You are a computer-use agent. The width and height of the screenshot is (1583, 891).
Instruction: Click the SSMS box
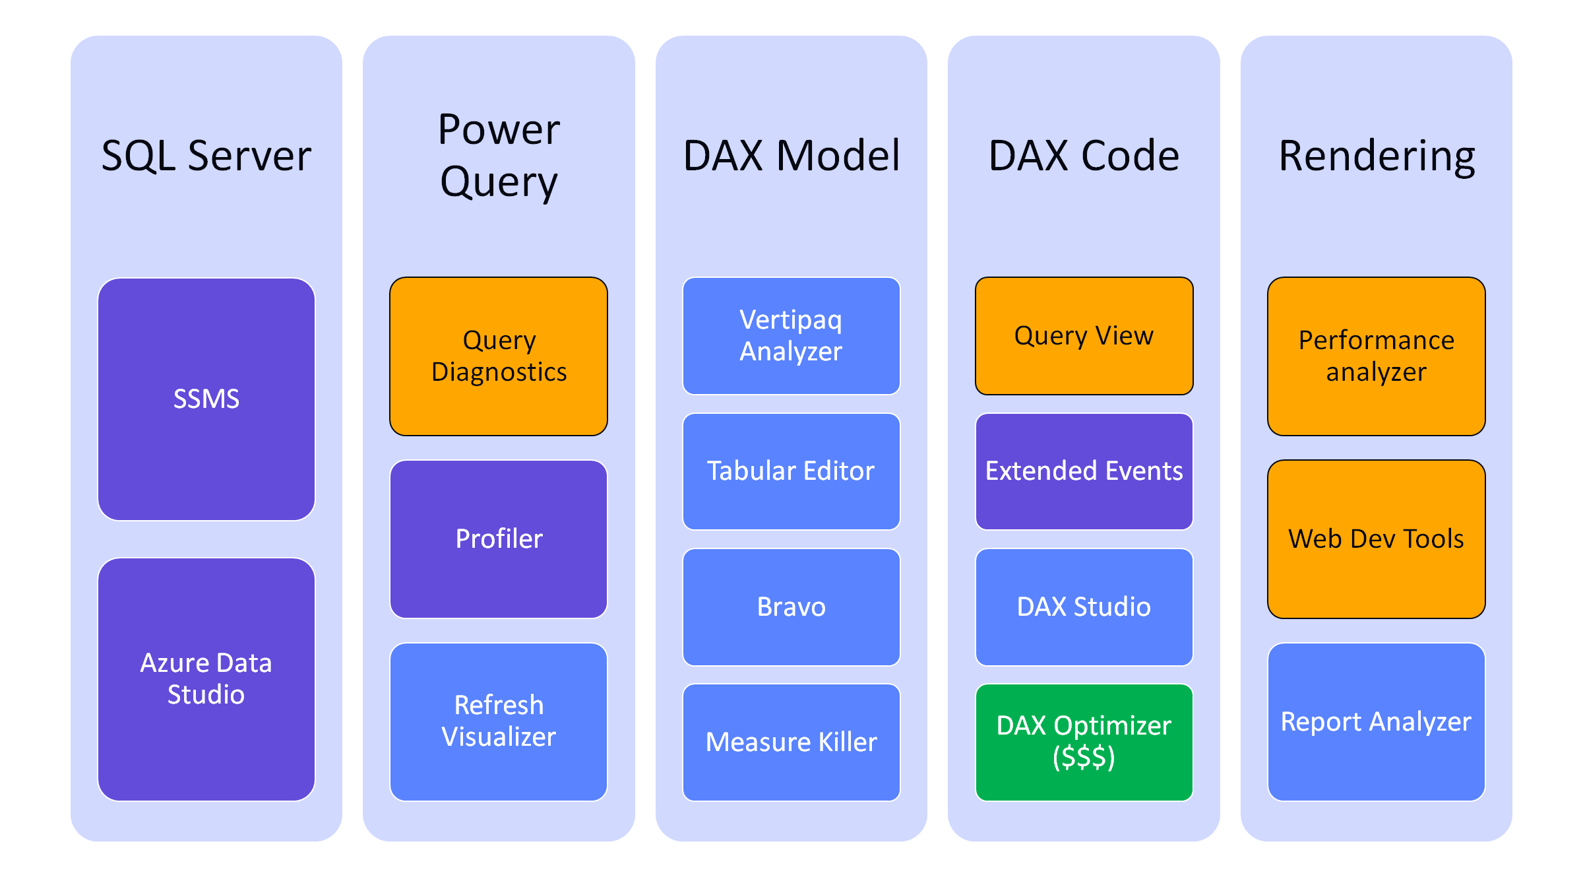pyautogui.click(x=206, y=399)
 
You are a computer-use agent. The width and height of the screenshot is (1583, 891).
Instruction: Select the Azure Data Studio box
pyautogui.click(x=206, y=679)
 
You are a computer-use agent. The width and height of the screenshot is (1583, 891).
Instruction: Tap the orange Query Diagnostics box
pyautogui.click(x=499, y=356)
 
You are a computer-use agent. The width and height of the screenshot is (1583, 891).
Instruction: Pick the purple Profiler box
pyautogui.click(x=499, y=539)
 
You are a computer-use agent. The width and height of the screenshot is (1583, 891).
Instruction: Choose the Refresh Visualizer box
pyautogui.click(x=499, y=721)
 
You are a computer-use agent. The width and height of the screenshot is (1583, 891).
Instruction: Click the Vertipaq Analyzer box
pyautogui.click(x=791, y=336)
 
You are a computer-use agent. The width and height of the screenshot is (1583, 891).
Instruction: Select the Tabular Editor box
pyautogui.click(x=791, y=471)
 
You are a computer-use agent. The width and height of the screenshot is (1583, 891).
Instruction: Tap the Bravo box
pyautogui.click(x=791, y=607)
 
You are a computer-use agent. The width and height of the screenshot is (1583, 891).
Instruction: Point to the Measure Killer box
pyautogui.click(x=791, y=742)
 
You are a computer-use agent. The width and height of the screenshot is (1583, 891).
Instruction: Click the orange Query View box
pyautogui.click(x=1084, y=336)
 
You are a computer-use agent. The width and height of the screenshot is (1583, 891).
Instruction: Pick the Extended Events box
pyautogui.click(x=1084, y=471)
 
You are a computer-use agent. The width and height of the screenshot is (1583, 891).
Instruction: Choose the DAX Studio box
pyautogui.click(x=1084, y=607)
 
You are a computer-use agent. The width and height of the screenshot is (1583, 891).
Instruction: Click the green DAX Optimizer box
pyautogui.click(x=1084, y=742)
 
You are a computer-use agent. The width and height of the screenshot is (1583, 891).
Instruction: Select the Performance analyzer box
pyautogui.click(x=1377, y=356)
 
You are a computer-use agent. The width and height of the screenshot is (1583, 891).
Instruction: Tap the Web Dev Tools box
pyautogui.click(x=1377, y=539)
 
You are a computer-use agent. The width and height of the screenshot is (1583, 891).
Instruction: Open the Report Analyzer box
pyautogui.click(x=1377, y=721)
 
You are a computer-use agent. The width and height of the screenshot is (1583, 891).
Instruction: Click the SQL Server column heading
pyautogui.click(x=206, y=156)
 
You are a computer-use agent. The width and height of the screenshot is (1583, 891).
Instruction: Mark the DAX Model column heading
pyautogui.click(x=791, y=156)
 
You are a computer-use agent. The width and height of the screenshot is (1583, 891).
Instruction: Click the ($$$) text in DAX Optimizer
pyautogui.click(x=1084, y=757)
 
